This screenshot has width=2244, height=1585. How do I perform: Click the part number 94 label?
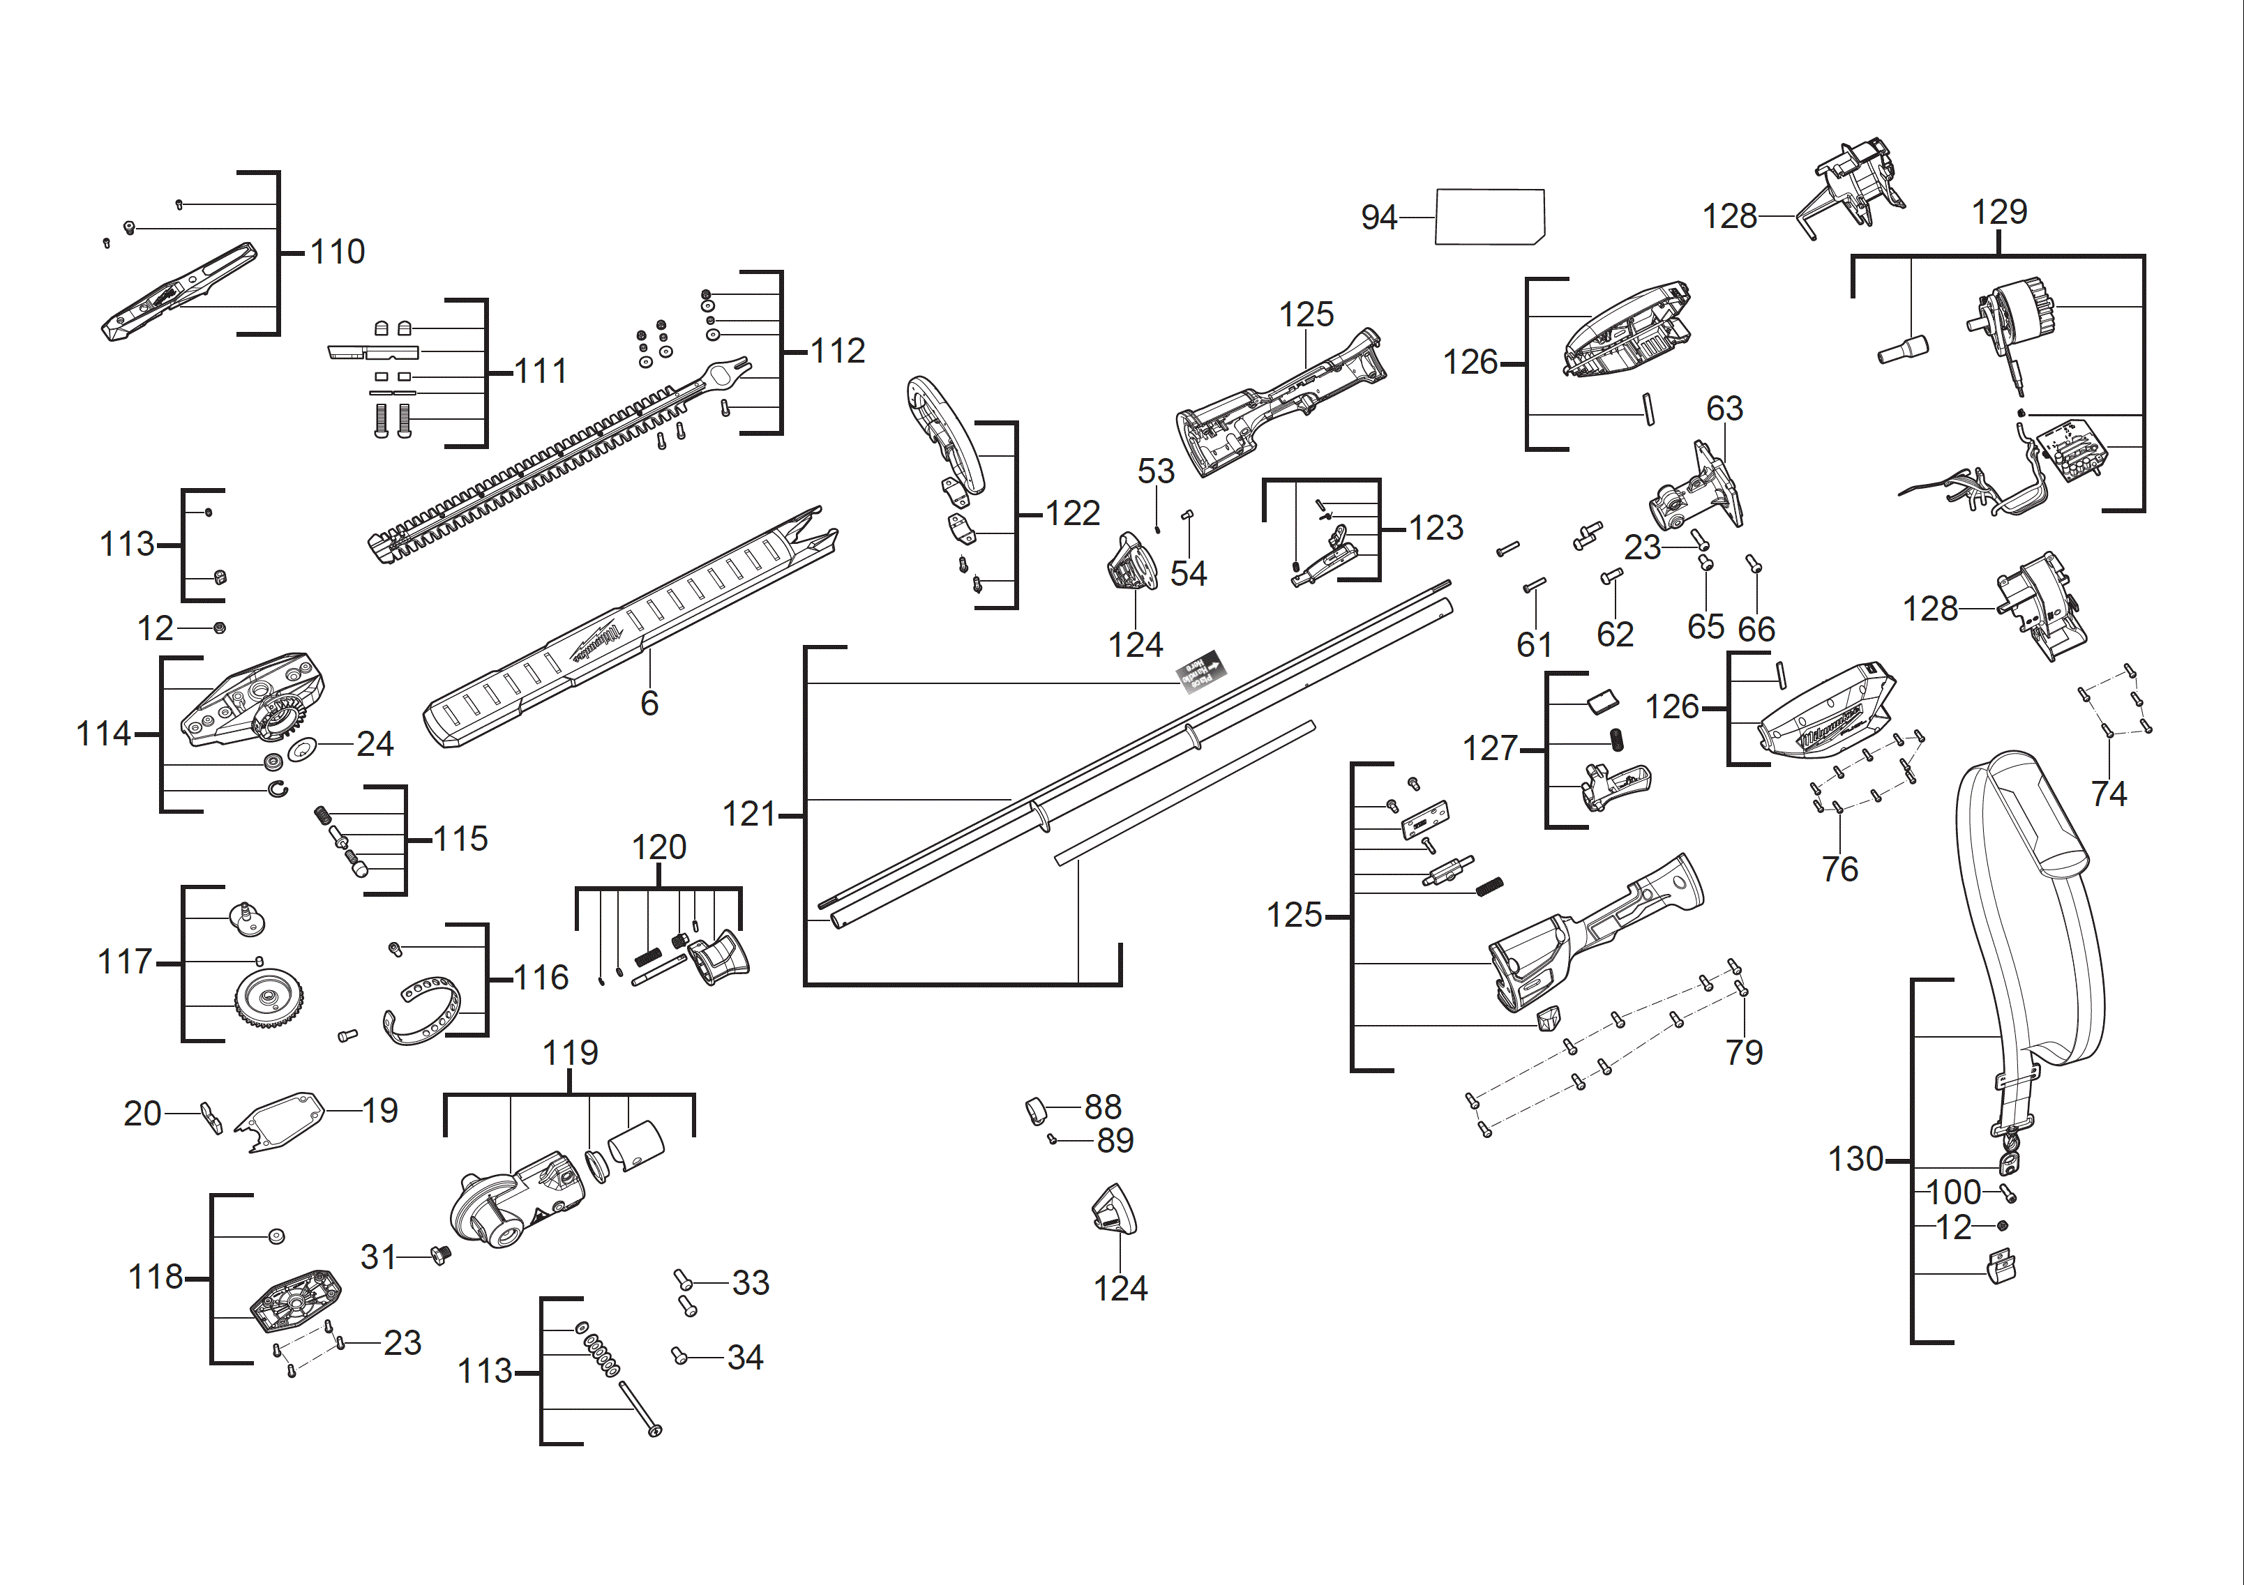(x=1378, y=217)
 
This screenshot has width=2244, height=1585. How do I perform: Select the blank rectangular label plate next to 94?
(x=1489, y=217)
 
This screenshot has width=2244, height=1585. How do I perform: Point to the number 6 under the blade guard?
(x=649, y=704)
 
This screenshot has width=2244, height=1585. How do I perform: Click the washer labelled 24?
(x=302, y=748)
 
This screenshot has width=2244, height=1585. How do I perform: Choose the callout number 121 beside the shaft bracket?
(x=748, y=814)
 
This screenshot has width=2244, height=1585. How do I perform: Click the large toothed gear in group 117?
(x=267, y=998)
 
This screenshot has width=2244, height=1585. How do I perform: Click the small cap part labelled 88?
(x=1036, y=1111)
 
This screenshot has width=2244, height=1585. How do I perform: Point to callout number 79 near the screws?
(x=1744, y=1052)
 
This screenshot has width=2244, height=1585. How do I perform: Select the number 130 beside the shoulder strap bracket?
(x=1855, y=1159)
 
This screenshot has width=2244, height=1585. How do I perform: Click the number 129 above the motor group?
(x=1998, y=212)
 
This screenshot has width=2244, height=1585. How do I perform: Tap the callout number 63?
(x=1724, y=409)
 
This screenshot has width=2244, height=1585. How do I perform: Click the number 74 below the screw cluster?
(x=2108, y=794)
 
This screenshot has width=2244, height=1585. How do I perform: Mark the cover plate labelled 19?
(x=280, y=1119)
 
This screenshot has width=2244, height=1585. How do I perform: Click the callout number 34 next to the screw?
(x=745, y=1357)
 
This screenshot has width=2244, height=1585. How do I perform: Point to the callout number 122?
(x=1072, y=514)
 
